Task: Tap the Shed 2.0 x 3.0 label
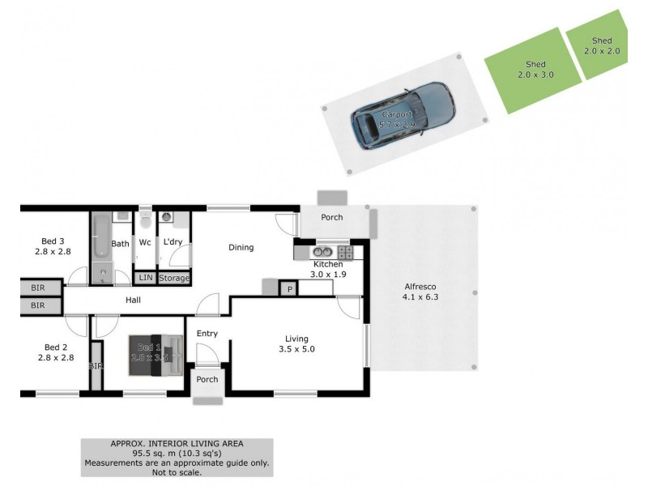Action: coord(535,70)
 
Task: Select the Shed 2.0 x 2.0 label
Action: coord(602,45)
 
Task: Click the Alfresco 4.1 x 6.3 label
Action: coord(420,292)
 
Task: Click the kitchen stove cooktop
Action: coord(344,252)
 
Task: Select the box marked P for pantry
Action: coord(288,289)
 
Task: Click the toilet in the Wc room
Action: coord(145,220)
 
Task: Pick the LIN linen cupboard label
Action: coord(145,278)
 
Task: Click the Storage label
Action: coord(174,278)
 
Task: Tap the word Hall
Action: coord(133,300)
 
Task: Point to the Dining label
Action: coord(241,248)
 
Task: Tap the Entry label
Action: coord(207,333)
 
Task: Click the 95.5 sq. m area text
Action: coord(177,454)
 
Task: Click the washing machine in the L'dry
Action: coord(167,217)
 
